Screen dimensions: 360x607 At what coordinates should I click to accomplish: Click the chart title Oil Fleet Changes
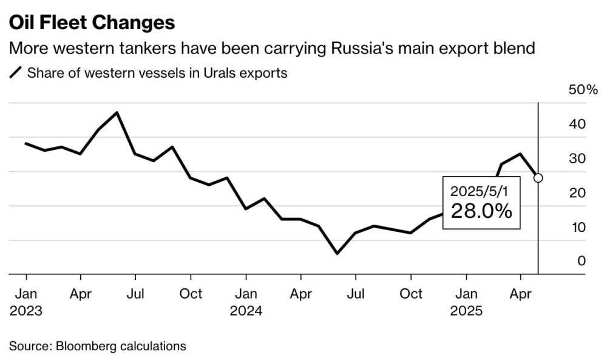click(92, 23)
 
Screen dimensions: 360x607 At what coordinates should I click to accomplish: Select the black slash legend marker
click(15, 73)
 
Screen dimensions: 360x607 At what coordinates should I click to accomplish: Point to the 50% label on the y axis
click(583, 90)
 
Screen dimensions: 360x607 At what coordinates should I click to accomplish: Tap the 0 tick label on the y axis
click(581, 261)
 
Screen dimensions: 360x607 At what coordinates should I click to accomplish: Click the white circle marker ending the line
click(538, 178)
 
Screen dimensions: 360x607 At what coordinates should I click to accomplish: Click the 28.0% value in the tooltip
click(481, 211)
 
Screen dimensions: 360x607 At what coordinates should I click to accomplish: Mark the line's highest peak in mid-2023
click(117, 112)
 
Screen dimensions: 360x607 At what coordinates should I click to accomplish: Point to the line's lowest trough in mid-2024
click(337, 253)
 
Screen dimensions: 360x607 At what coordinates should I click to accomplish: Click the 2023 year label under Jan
click(25, 311)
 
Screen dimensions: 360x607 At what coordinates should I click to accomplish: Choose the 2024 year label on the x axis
click(246, 311)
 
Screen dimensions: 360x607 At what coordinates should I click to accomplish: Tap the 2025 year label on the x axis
click(466, 311)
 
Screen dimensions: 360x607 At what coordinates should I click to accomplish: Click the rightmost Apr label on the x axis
click(520, 294)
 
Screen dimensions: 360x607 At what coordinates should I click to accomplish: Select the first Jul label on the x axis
click(135, 294)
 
